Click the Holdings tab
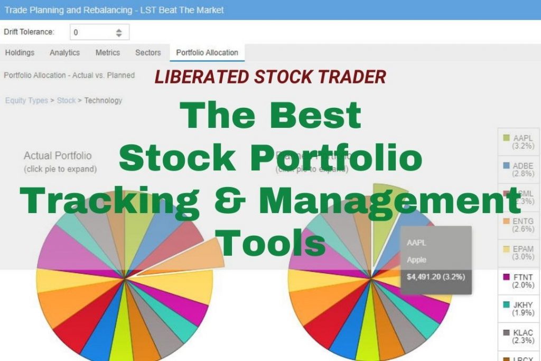20,52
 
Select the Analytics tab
64,52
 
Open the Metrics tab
108,52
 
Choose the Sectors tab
148,52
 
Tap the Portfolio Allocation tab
207,52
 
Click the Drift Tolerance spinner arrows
119,32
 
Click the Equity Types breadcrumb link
26,100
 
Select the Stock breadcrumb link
66,100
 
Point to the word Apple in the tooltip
417,260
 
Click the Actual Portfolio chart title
58,156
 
